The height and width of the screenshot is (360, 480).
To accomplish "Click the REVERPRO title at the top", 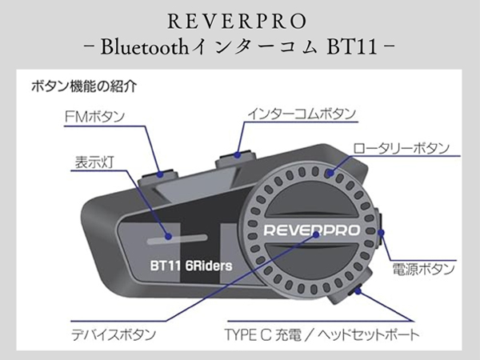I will tap(239, 17).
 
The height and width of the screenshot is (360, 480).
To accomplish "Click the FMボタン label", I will tap(94, 117).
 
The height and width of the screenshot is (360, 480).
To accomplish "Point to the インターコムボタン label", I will tap(299, 115).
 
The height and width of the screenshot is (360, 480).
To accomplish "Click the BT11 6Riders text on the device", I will tap(186, 265).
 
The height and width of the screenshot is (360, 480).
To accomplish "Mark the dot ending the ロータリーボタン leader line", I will tap(330, 171).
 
